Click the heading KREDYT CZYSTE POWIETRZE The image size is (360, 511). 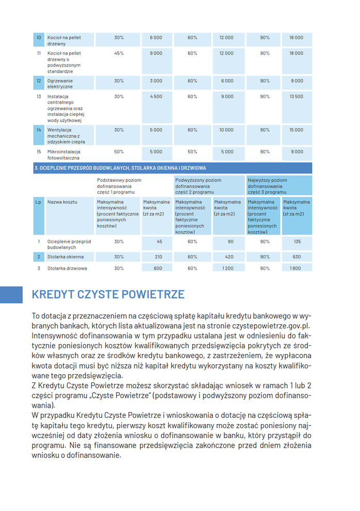coord(108,295)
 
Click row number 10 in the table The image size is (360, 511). coord(39,38)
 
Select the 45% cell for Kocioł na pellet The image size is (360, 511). coord(119,53)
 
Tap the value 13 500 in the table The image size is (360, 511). coord(296,96)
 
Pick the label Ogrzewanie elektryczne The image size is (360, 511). coord(60,83)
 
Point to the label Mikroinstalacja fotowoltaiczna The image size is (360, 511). coord(64,154)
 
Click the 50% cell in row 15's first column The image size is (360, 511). coord(119,152)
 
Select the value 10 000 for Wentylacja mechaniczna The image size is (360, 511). coord(226,130)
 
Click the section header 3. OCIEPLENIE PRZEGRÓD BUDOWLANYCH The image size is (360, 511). coord(120,168)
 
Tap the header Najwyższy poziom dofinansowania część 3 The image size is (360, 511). coord(267,186)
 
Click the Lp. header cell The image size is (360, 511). coord(39,202)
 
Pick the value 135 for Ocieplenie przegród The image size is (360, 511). coord(297,241)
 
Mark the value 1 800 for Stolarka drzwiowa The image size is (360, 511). coord(296,268)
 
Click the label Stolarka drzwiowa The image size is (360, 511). coord(67,268)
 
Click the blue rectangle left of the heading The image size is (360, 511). coord(11,295)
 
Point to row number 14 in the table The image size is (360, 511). coord(39,130)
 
